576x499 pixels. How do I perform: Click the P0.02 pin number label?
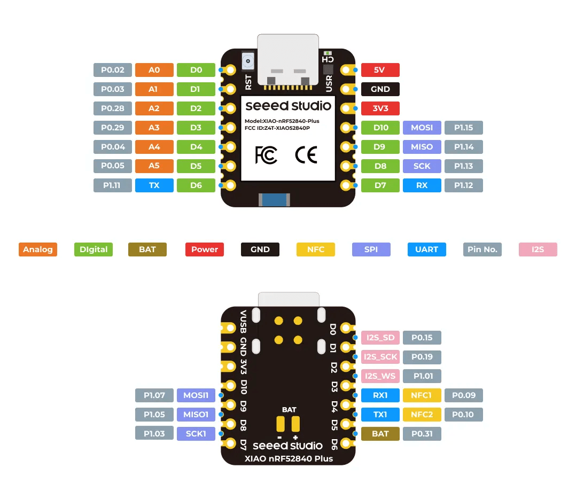(x=113, y=70)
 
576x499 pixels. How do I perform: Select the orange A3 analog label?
(x=154, y=128)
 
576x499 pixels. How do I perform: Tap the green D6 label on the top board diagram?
(x=196, y=185)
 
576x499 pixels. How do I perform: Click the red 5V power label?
(x=380, y=70)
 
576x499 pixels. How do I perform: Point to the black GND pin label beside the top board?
(x=380, y=89)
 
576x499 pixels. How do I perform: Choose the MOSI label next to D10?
(x=422, y=128)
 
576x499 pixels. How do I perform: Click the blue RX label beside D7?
(x=422, y=185)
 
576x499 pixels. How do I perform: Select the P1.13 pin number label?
(x=464, y=166)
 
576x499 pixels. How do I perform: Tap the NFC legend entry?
(x=316, y=250)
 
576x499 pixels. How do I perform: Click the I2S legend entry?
(x=538, y=250)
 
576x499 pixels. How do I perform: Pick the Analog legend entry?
(x=38, y=250)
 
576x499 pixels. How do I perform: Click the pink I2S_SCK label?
(x=380, y=357)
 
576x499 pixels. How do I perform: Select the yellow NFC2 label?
(x=422, y=415)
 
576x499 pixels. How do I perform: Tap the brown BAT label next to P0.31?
(x=380, y=434)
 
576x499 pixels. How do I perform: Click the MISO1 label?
(x=196, y=415)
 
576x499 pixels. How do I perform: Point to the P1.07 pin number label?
(x=154, y=395)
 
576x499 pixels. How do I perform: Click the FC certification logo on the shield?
(x=266, y=155)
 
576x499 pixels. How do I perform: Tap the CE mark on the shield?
(x=306, y=155)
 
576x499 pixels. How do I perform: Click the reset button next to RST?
(x=247, y=61)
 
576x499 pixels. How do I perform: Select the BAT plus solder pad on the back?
(x=295, y=424)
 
